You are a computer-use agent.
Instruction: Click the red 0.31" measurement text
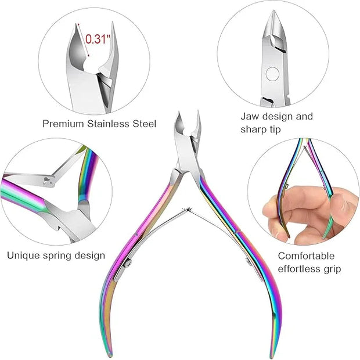[96, 39]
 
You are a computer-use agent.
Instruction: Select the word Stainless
[108, 124]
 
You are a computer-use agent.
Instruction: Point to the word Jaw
[250, 116]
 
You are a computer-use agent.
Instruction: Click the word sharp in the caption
[254, 129]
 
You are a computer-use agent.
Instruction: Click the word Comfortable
[306, 255]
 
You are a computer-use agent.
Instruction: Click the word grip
[333, 269]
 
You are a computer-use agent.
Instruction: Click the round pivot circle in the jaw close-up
[272, 74]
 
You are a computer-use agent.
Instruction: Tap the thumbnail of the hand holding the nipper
[303, 192]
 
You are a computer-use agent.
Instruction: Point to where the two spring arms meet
[189, 210]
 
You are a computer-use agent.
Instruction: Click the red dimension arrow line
[84, 40]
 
